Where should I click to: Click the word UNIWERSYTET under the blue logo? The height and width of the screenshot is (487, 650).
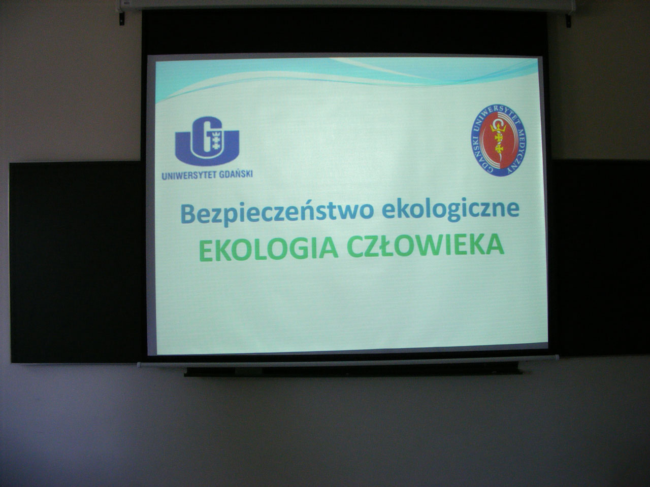tap(189, 176)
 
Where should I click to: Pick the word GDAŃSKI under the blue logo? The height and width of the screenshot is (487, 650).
tap(236, 174)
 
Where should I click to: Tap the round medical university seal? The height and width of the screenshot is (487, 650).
tap(499, 140)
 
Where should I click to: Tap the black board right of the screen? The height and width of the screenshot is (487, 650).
tap(600, 257)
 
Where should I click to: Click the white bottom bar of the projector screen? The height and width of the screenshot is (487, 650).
tap(348, 361)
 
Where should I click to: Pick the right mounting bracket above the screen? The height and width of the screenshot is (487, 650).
tap(568, 21)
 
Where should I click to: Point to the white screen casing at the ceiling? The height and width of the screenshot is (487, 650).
tap(346, 5)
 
